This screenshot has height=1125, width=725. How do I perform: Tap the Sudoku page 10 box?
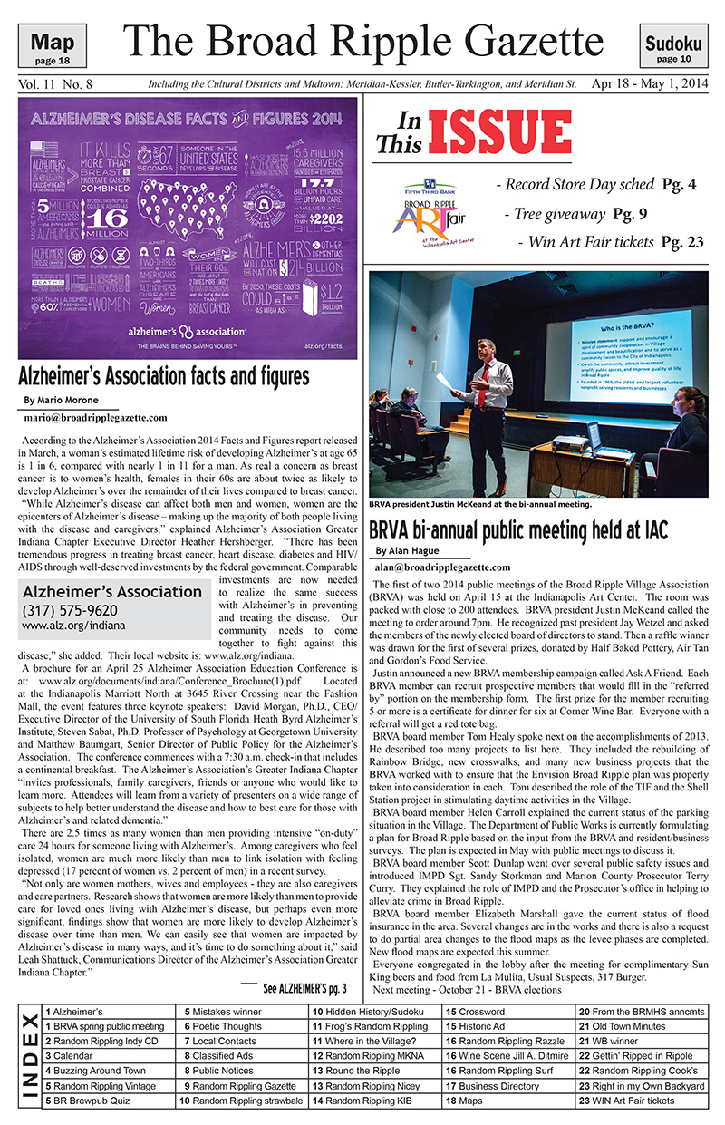tap(673, 48)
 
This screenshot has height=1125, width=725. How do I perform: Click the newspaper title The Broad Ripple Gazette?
tap(362, 41)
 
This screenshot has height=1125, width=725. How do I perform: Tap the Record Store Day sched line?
tap(596, 185)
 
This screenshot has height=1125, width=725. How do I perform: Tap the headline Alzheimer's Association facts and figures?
tap(164, 376)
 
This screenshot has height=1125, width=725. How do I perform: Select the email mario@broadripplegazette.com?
tap(95, 418)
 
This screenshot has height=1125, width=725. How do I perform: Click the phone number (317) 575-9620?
tap(70, 610)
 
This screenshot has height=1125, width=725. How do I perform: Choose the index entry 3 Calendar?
tap(72, 1056)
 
